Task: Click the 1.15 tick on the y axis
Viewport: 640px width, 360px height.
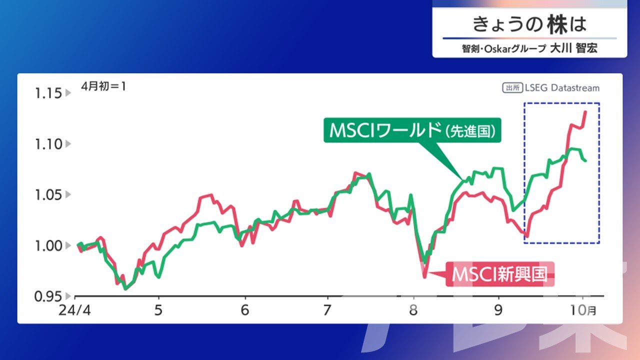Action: [x=48, y=93]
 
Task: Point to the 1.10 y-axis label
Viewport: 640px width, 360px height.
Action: [x=48, y=144]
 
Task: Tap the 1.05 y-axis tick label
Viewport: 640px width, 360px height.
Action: [x=48, y=195]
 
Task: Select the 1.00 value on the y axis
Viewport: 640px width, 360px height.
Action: [x=48, y=246]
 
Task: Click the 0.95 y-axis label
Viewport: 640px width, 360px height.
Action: [x=48, y=297]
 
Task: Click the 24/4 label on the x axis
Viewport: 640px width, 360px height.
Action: [x=74, y=310]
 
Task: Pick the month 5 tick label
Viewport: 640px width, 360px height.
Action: [x=158, y=310]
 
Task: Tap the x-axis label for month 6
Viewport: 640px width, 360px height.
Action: [x=245, y=310]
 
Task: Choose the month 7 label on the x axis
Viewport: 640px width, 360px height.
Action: [x=327, y=310]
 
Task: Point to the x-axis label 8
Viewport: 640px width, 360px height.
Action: [x=413, y=310]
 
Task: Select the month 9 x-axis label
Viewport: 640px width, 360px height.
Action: [x=498, y=310]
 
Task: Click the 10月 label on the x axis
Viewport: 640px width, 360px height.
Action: [x=583, y=310]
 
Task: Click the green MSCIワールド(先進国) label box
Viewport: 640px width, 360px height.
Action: [x=412, y=130]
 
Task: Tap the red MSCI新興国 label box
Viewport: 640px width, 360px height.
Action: [x=500, y=274]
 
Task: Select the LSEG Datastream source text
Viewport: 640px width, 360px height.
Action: [x=562, y=87]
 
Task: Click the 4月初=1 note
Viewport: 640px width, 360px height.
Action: [x=103, y=86]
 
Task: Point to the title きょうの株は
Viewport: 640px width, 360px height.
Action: [x=529, y=24]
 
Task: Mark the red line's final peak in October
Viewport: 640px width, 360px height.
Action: [x=585, y=111]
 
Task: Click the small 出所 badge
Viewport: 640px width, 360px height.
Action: [x=512, y=87]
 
